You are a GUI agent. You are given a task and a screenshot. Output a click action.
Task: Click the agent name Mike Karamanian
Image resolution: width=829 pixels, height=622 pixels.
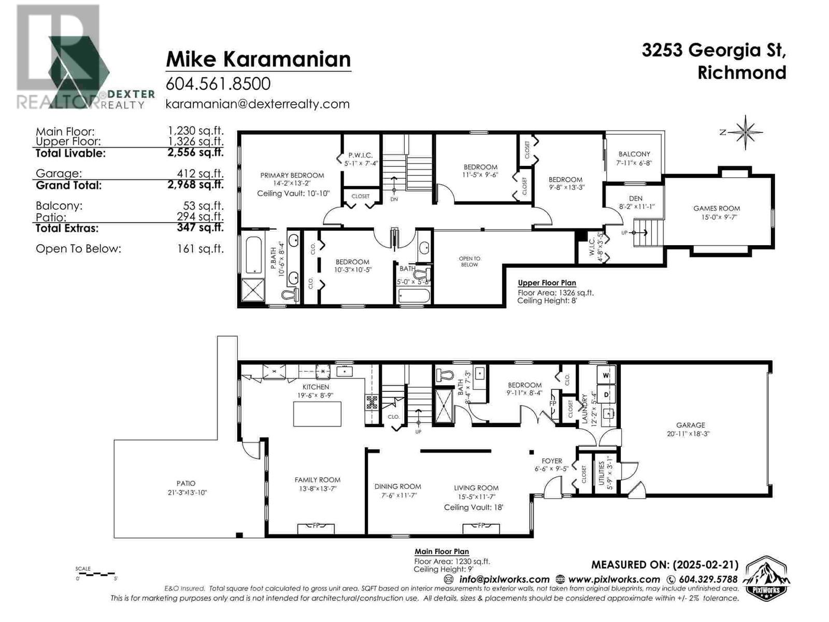[258, 59]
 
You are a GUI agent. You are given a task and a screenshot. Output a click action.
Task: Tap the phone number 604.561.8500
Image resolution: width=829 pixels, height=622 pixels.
[218, 84]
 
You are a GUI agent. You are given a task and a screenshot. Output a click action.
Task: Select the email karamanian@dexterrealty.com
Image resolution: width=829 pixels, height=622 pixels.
[257, 104]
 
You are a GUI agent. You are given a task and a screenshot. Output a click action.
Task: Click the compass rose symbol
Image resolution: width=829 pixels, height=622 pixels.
[745, 132]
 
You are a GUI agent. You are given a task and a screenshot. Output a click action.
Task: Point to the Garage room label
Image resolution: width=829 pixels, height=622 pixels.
[690, 425]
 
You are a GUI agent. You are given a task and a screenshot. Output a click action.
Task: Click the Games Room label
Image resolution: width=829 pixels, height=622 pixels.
[717, 208]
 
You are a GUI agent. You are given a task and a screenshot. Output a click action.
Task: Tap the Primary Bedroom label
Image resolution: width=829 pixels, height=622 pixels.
[292, 175]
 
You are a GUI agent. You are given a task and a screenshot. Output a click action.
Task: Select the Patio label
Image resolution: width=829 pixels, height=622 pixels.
[185, 483]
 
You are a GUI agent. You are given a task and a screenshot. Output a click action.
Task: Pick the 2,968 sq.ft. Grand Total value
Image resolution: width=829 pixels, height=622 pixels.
[195, 185]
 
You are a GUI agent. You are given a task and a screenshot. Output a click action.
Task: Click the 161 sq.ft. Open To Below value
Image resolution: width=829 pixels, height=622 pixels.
[200, 249]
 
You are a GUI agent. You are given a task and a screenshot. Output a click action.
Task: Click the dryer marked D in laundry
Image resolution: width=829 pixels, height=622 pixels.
[606, 394]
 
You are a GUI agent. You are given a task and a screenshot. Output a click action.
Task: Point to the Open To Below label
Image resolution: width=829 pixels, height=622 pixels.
[469, 261]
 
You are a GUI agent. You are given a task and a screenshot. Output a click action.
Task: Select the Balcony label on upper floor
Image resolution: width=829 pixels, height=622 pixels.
[634, 154]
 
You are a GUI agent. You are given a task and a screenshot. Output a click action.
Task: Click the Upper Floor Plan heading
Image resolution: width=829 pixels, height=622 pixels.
[547, 283]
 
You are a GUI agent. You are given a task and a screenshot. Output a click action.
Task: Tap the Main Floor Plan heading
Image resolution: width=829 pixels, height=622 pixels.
[441, 552]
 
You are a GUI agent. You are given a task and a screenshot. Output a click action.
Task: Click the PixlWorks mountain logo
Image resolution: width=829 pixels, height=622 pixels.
[767, 578]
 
